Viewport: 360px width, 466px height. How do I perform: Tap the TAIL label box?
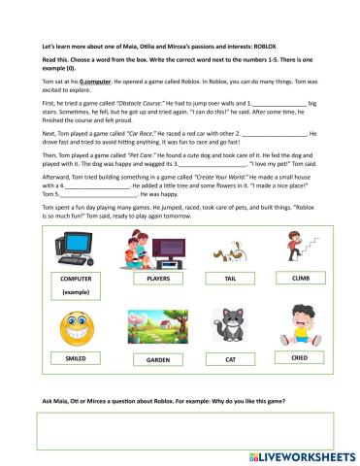[x=230, y=279]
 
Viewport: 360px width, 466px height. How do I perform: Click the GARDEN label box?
[x=157, y=359]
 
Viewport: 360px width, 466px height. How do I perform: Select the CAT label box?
[x=230, y=359]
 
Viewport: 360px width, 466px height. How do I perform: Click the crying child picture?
[x=300, y=325]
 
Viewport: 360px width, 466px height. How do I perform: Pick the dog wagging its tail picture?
[x=230, y=250]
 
